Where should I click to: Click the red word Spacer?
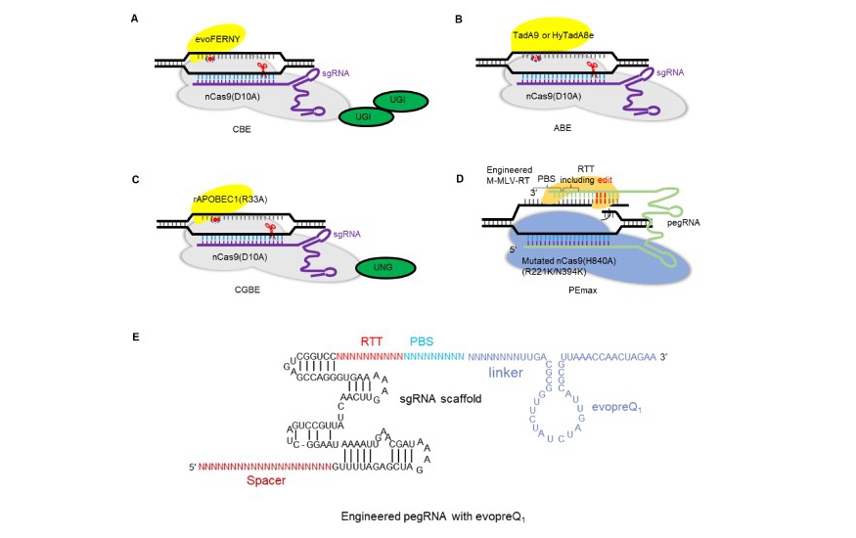point(266,481)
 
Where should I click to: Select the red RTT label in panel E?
point(372,341)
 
